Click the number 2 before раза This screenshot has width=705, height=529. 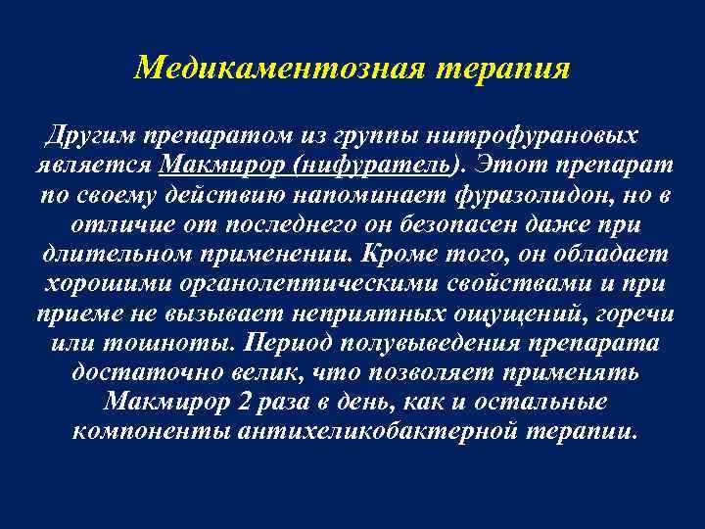(x=278, y=402)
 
